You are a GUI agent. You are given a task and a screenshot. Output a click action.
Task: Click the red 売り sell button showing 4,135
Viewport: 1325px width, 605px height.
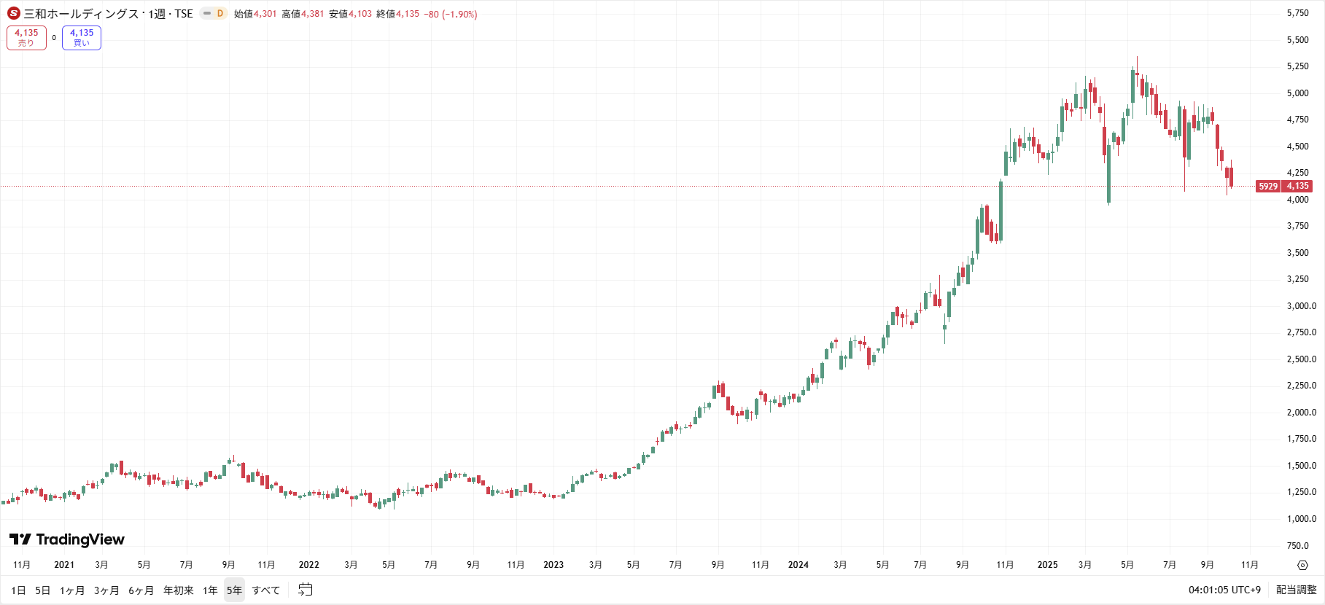click(26, 38)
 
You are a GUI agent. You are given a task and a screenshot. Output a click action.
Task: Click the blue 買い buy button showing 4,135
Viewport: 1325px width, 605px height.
click(82, 38)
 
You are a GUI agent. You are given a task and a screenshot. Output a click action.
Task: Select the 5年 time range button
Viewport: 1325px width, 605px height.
click(234, 590)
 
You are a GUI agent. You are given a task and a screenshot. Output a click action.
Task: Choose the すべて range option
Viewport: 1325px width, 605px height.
click(266, 590)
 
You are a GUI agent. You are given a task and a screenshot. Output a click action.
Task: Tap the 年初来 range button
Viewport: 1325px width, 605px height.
click(179, 590)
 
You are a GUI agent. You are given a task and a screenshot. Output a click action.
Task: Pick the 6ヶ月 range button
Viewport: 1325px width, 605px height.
click(141, 590)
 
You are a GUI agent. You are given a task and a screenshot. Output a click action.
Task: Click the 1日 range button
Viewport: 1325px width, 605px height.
click(19, 590)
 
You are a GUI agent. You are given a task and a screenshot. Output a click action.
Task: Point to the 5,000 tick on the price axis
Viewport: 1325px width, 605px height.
click(1297, 93)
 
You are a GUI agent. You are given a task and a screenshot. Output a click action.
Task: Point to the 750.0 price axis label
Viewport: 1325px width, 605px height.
click(1297, 546)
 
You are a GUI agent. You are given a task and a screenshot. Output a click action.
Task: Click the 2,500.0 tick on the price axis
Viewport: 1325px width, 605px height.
click(1301, 359)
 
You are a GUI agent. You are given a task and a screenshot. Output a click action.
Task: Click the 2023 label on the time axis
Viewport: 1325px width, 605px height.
click(553, 565)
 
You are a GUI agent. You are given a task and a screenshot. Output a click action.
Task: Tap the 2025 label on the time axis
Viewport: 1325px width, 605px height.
click(1047, 565)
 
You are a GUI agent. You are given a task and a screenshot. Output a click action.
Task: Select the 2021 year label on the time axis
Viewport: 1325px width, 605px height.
click(64, 565)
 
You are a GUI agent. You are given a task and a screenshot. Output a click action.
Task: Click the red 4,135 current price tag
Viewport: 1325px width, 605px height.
click(1297, 187)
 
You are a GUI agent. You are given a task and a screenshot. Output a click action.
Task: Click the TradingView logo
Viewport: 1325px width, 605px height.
click(67, 539)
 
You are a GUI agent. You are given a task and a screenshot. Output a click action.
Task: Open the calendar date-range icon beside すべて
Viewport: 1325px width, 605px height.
click(306, 590)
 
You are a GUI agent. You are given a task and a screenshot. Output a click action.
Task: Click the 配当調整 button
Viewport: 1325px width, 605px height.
click(1296, 590)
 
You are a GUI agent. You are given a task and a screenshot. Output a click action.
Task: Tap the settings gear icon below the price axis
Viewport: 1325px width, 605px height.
click(1302, 565)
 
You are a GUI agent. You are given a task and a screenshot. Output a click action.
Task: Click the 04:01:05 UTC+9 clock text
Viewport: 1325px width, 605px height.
click(1224, 590)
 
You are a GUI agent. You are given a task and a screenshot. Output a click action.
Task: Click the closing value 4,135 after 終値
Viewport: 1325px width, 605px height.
click(408, 14)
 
